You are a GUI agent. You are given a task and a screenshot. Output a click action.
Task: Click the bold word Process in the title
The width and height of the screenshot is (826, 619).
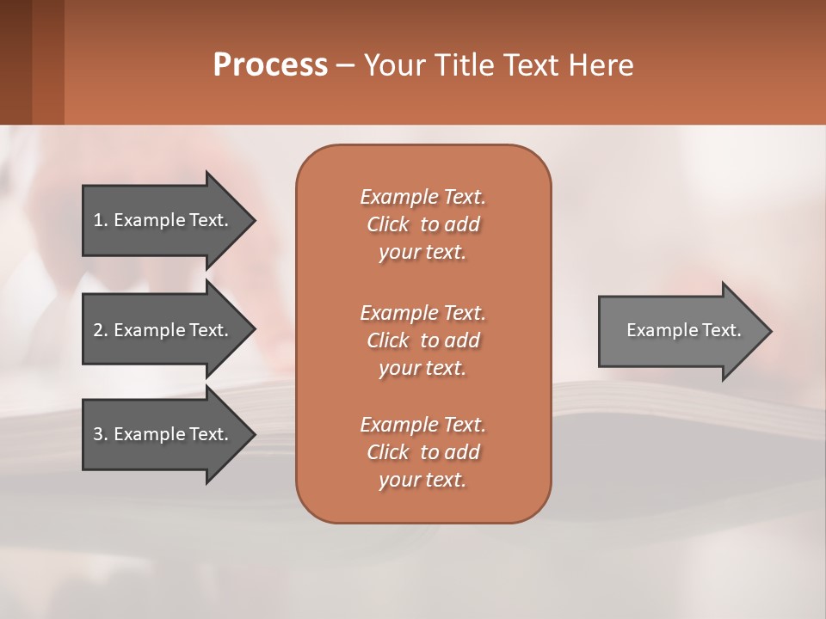[x=270, y=65]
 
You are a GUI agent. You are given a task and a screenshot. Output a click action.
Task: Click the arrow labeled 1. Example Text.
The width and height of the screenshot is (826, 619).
[x=163, y=220]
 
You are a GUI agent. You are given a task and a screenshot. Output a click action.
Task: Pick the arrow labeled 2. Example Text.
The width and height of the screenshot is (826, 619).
[x=163, y=330]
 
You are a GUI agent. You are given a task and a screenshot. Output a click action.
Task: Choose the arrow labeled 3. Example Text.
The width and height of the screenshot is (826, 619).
[x=163, y=434]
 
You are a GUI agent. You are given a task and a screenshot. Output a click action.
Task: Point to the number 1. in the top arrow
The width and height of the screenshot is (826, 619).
[x=101, y=220]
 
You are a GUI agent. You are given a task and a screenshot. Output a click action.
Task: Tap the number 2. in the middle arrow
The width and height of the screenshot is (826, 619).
[x=101, y=330]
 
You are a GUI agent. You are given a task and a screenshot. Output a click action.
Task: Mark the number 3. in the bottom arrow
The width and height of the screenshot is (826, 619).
[x=101, y=434]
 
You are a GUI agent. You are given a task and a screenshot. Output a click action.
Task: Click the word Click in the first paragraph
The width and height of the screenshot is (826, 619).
[x=388, y=224]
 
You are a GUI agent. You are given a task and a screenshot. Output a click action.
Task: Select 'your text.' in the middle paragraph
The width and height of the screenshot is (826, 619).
[x=422, y=368]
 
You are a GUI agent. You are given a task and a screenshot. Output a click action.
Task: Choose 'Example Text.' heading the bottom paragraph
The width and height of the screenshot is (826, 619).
[x=422, y=425]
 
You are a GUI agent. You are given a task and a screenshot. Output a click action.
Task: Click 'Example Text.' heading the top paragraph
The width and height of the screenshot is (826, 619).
[x=422, y=197]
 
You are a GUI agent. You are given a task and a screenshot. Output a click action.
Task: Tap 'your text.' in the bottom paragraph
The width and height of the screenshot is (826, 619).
[x=422, y=480]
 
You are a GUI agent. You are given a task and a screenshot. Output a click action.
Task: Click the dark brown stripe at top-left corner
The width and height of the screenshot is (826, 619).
[x=15, y=62]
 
